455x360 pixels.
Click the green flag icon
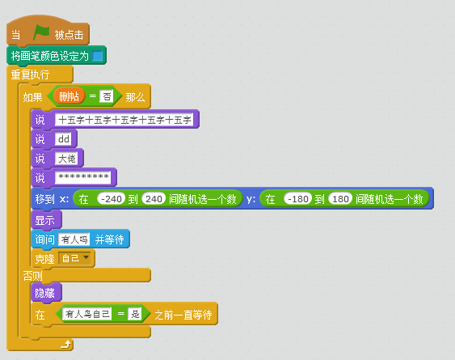41,32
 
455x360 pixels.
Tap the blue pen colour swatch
98,56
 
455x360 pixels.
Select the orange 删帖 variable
69,96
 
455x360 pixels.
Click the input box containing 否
106,96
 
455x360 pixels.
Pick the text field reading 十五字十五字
124,120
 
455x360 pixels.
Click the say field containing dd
64,139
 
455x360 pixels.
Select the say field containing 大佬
67,159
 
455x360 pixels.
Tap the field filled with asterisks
83,177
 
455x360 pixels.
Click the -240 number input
112,199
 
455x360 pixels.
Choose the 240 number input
154,199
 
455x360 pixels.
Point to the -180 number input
298,199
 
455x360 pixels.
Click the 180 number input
340,199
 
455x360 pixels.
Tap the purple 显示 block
46,220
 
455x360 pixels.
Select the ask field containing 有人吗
74,239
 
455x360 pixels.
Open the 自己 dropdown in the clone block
75,258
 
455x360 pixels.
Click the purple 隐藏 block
46,293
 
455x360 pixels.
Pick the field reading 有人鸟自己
87,314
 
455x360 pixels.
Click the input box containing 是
135,314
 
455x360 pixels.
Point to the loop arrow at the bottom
66,345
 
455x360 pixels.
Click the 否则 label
33,276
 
